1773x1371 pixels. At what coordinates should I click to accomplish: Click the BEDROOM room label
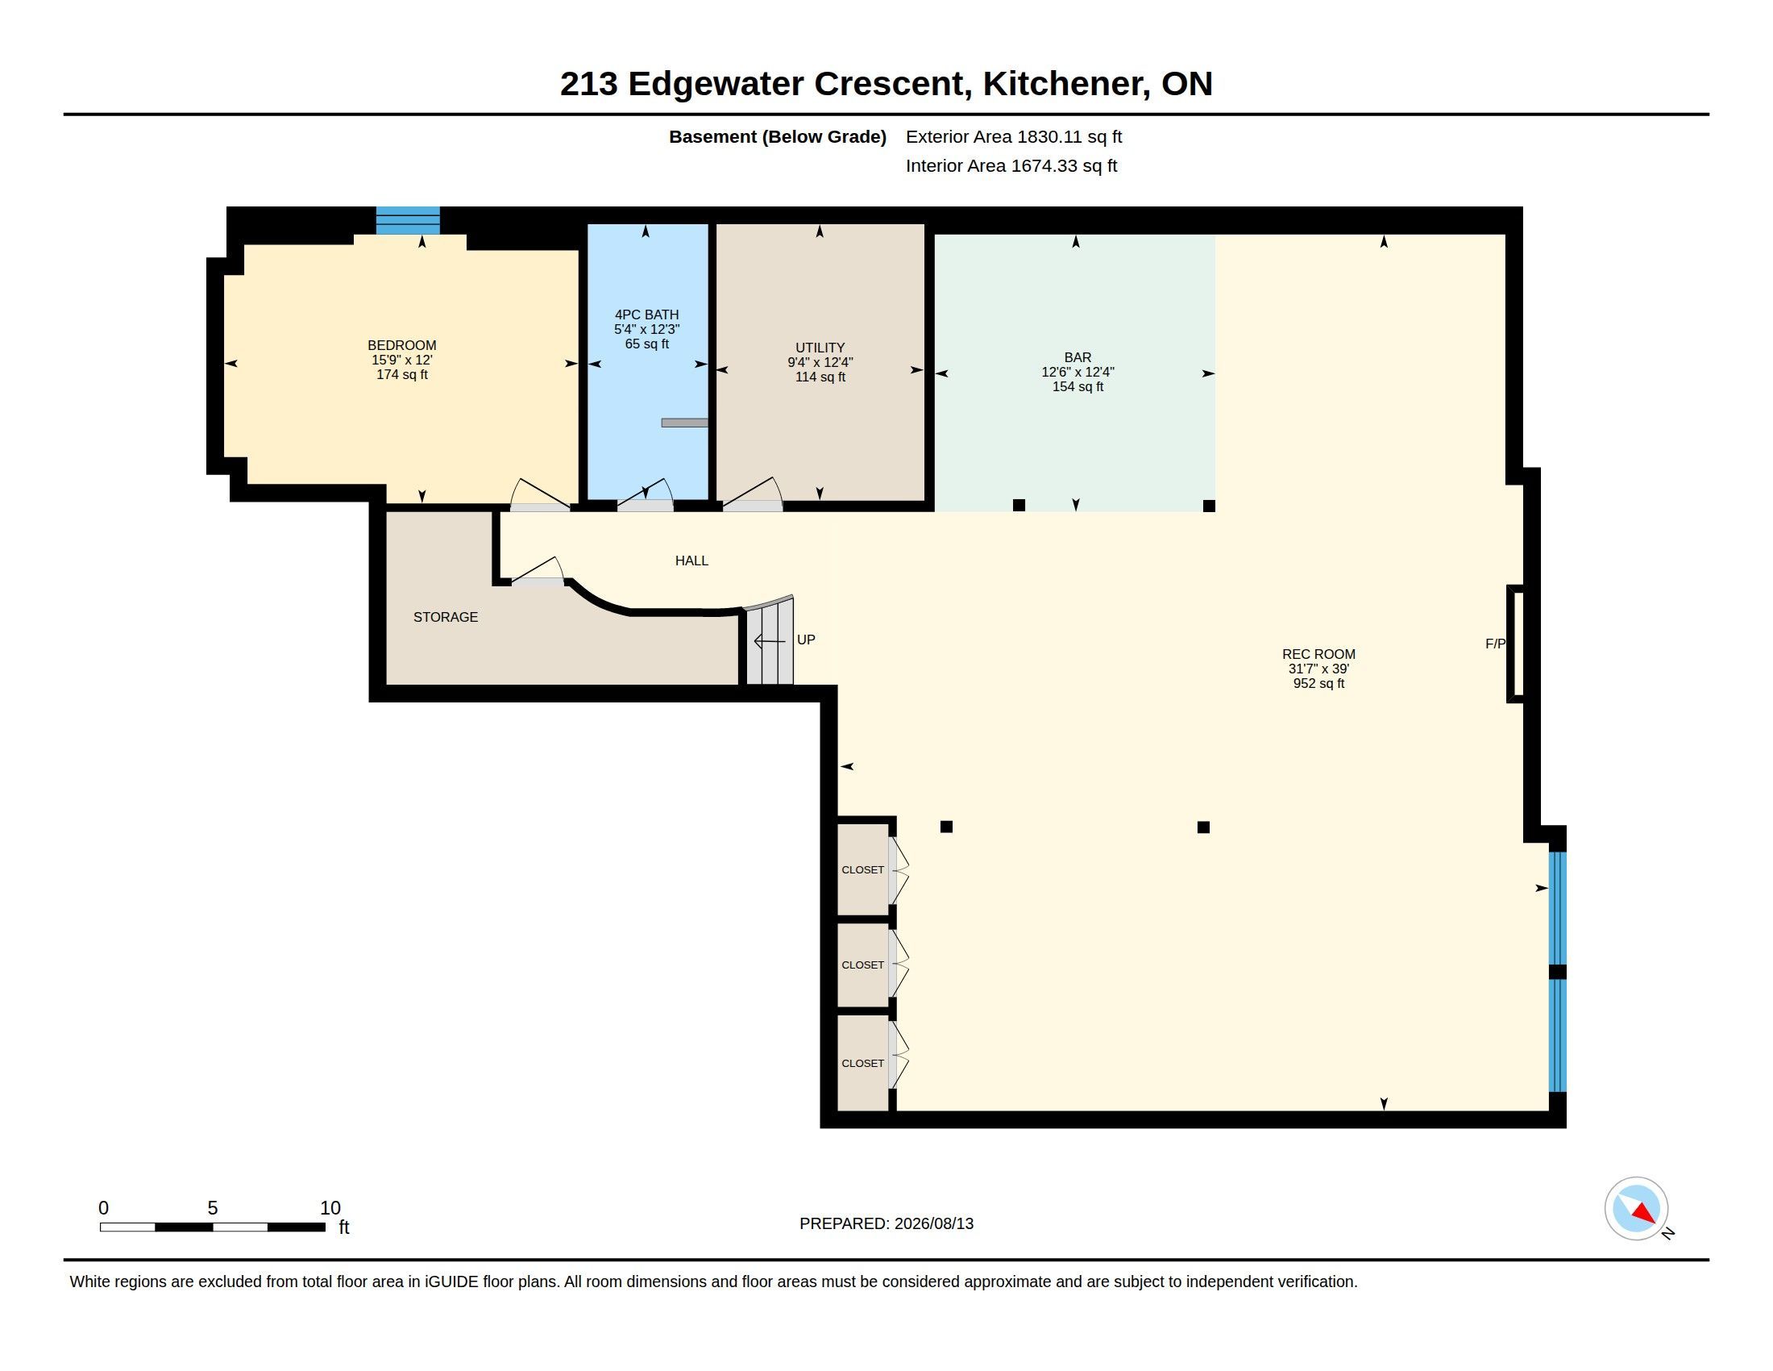(402, 345)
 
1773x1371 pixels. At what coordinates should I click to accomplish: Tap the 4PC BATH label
(646, 315)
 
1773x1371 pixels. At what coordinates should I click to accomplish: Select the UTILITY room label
(820, 348)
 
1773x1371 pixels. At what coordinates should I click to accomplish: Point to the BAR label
(1078, 357)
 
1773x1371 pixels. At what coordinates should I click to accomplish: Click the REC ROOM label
(1318, 654)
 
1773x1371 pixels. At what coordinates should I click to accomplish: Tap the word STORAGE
(446, 617)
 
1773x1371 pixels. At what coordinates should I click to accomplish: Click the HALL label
(691, 560)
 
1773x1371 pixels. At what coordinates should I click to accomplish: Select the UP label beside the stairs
(806, 640)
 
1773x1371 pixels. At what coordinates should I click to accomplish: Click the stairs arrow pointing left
(770, 642)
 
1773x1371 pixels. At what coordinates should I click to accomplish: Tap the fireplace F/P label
(1495, 644)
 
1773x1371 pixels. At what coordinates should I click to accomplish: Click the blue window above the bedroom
(408, 220)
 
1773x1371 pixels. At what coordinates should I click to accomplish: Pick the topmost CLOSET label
(862, 870)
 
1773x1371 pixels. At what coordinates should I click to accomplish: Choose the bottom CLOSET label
(862, 1063)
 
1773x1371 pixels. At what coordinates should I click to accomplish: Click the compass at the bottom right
(1637, 1209)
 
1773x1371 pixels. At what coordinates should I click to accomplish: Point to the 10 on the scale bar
(330, 1208)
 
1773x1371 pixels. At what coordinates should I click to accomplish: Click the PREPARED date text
(886, 1224)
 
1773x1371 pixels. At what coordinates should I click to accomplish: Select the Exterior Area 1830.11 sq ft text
(1014, 137)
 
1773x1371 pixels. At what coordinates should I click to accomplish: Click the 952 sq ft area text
(1318, 684)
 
